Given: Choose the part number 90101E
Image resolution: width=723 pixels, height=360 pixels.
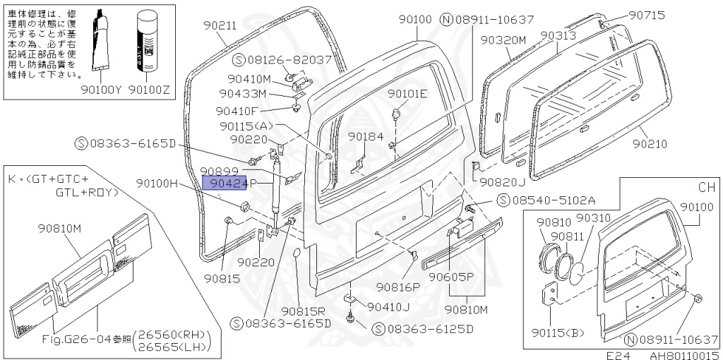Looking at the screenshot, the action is [x=407, y=94].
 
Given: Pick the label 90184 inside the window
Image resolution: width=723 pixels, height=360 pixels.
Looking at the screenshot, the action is [x=366, y=136].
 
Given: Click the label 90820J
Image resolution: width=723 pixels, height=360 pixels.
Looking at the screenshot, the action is [x=502, y=182].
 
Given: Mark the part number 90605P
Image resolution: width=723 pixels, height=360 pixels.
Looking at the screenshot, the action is [x=450, y=277].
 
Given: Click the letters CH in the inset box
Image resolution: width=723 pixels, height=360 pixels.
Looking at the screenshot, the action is [x=706, y=188].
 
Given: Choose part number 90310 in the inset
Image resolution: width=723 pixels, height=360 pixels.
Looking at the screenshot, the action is [x=592, y=218].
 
